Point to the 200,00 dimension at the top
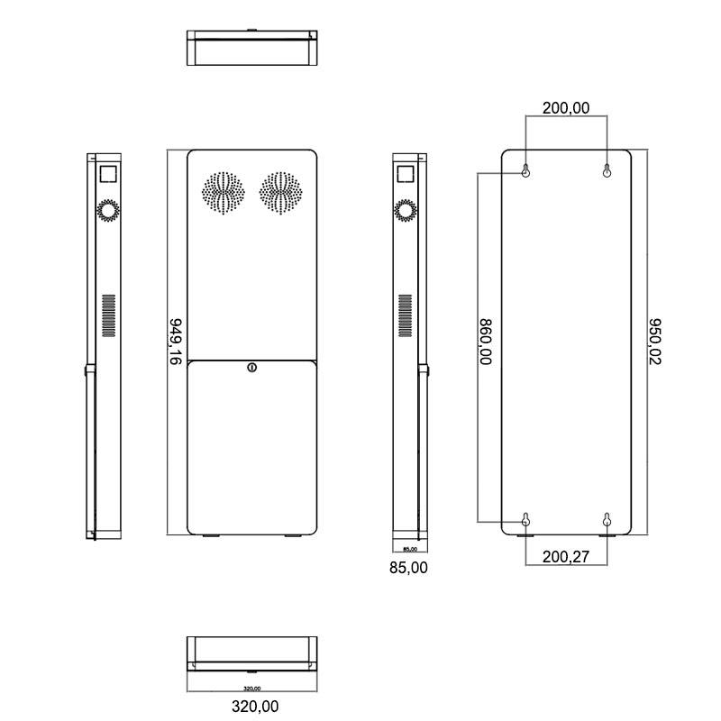pyautogui.click(x=565, y=108)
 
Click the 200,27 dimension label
pyautogui.click(x=567, y=559)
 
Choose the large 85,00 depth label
pyautogui.click(x=408, y=568)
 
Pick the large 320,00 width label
pyautogui.click(x=252, y=706)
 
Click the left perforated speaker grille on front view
pyautogui.click(x=223, y=191)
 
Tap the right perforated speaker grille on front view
pyautogui.click(x=281, y=191)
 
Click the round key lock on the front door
pyautogui.click(x=252, y=367)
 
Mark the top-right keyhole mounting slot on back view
pyautogui.click(x=607, y=170)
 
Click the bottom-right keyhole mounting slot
pyautogui.click(x=607, y=519)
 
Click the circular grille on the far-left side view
pyautogui.click(x=109, y=211)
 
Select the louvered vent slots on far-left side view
pyautogui.click(x=109, y=316)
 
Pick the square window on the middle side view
pyautogui.click(x=406, y=172)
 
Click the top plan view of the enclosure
pyautogui.click(x=252, y=49)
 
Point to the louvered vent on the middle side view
pyautogui.click(x=406, y=316)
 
